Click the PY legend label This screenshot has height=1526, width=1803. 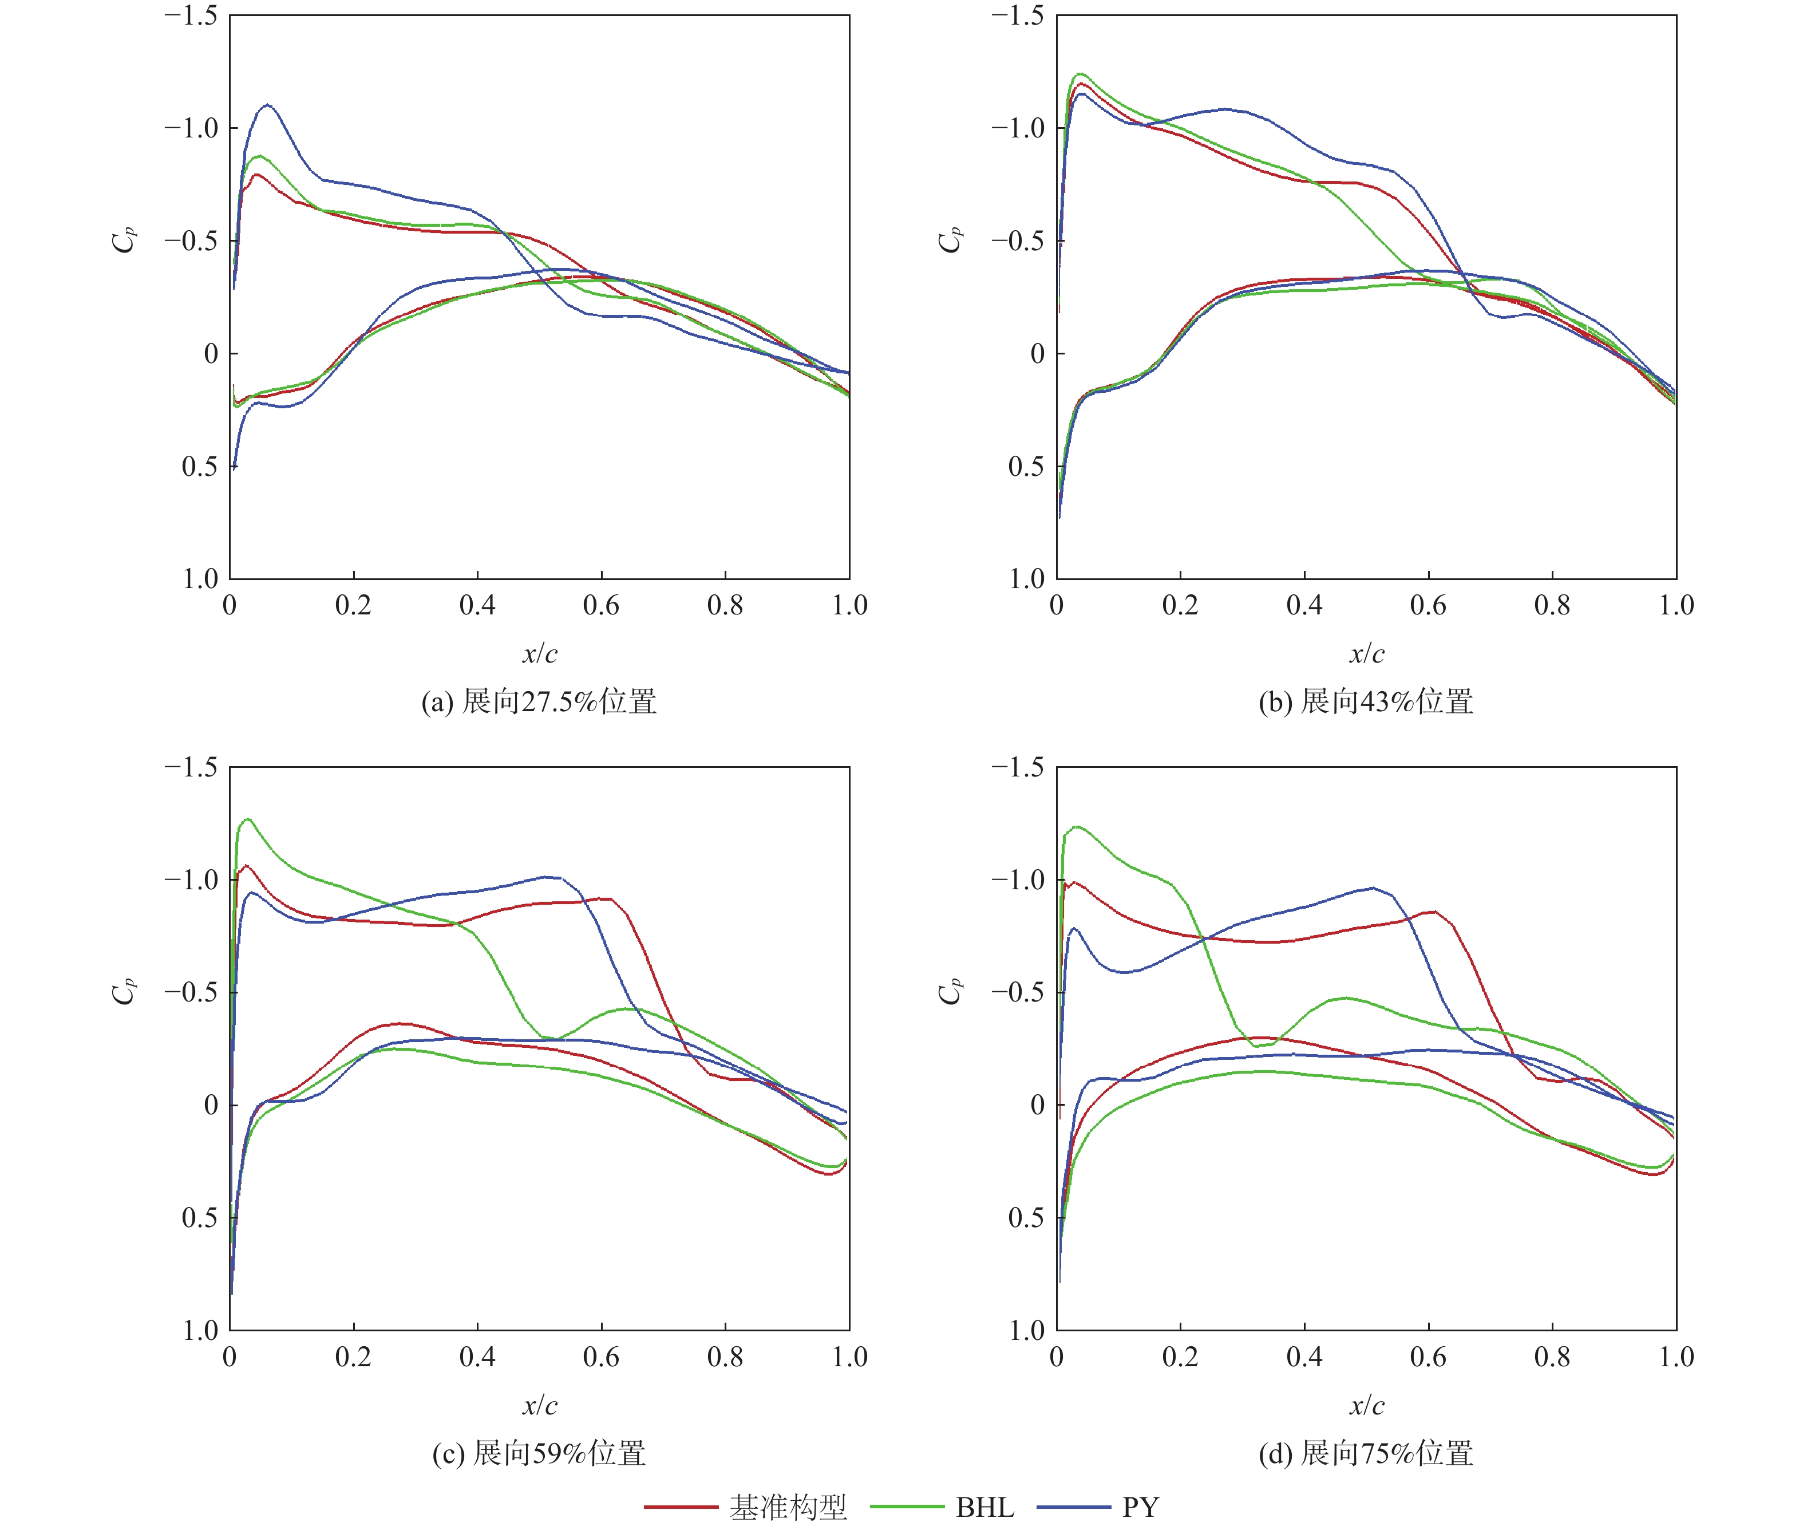[1140, 1507]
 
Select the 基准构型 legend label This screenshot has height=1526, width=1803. [788, 1507]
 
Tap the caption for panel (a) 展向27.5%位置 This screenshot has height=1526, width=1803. [539, 701]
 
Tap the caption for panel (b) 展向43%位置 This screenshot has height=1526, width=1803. [1366, 701]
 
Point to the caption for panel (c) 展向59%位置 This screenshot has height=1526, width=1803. [539, 1453]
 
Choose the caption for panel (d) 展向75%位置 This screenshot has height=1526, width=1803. [1366, 1453]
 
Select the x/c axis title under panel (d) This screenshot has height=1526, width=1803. [1366, 1405]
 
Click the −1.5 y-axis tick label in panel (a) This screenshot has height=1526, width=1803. [191, 15]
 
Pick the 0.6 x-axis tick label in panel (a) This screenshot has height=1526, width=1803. [601, 605]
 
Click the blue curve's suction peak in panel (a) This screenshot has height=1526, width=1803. [267, 105]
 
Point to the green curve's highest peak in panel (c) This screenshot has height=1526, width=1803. [248, 818]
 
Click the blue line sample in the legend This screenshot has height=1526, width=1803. [1073, 1507]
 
